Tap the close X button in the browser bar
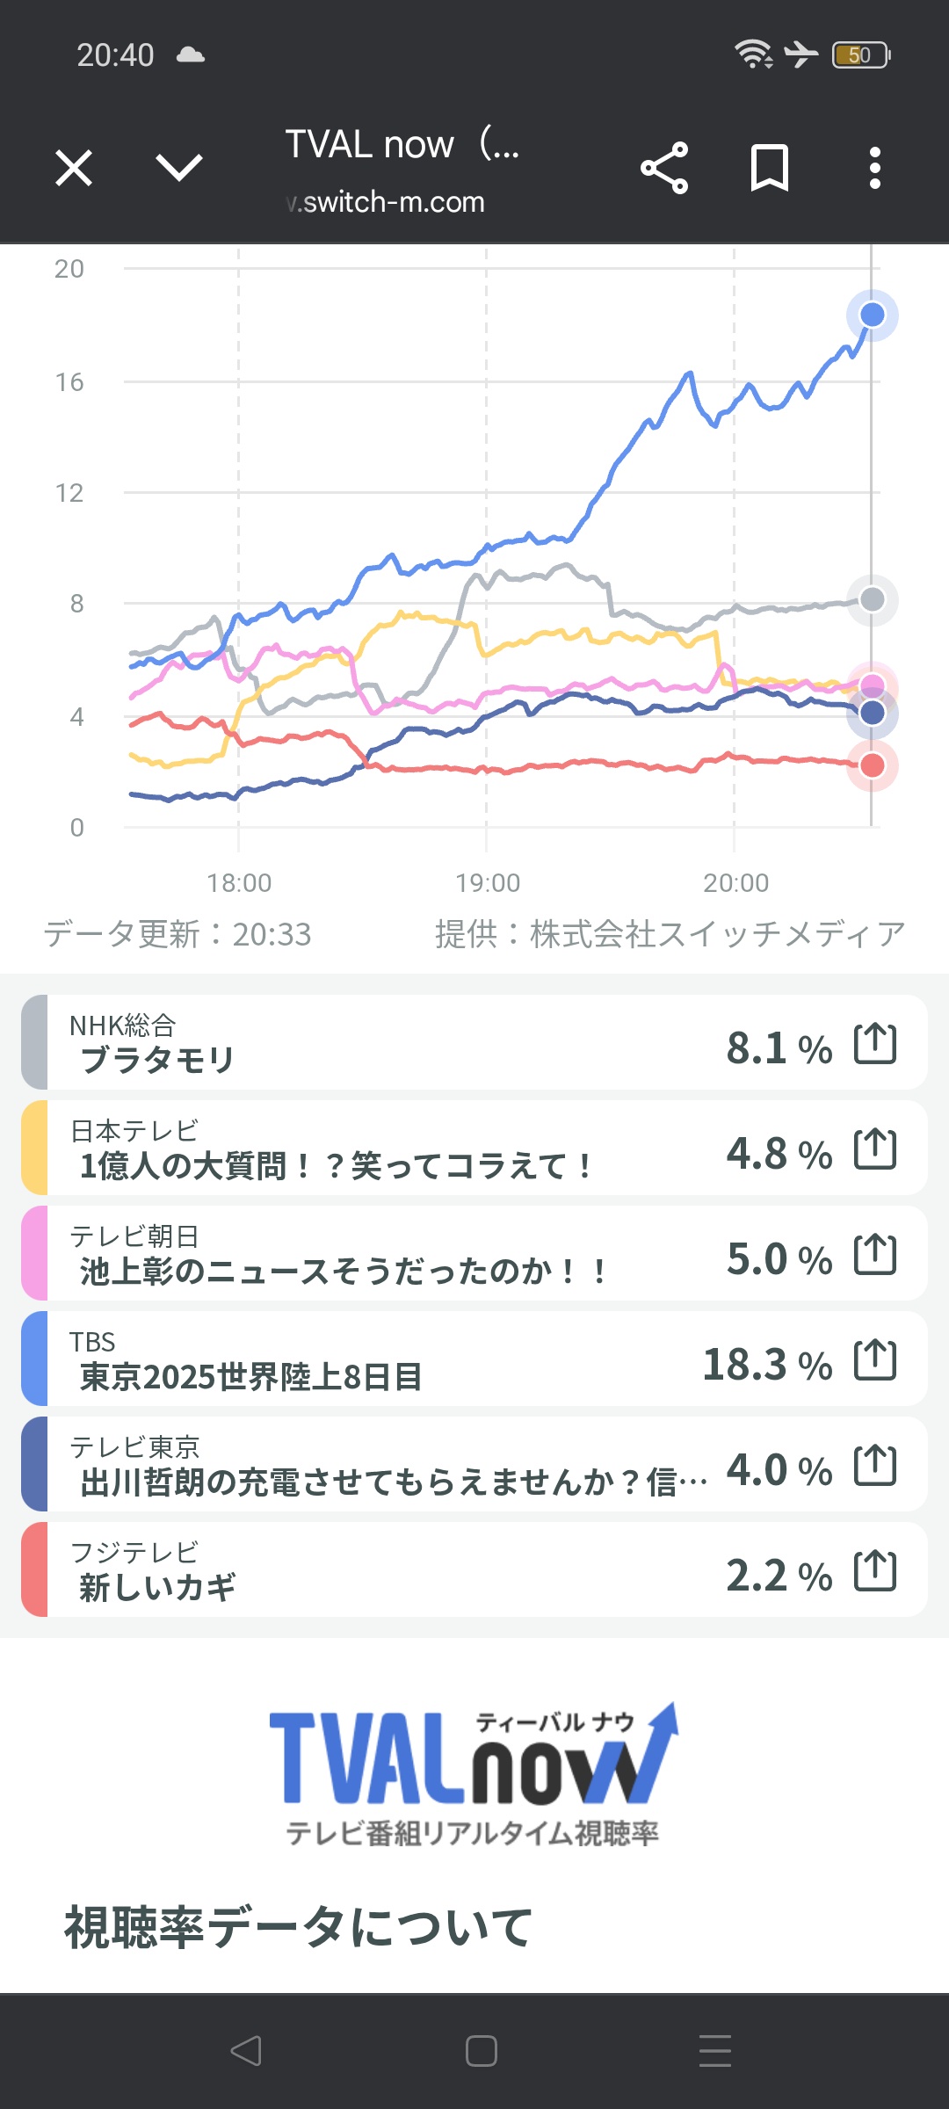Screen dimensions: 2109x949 click(74, 168)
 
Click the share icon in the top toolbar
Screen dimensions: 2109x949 click(664, 168)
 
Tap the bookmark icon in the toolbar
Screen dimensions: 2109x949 click(770, 168)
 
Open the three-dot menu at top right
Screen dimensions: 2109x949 click(874, 168)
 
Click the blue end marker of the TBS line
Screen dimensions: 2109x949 click(872, 315)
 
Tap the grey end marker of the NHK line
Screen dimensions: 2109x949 click(872, 599)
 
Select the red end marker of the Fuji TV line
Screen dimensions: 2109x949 click(872, 765)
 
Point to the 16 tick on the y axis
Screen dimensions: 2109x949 click(69, 382)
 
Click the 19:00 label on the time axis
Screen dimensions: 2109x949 click(488, 882)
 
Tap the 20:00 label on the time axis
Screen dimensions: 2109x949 click(735, 882)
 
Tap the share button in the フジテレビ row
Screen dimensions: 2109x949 click(875, 1570)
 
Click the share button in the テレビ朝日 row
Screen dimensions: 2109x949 click(875, 1254)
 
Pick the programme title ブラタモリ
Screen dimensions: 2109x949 click(157, 1060)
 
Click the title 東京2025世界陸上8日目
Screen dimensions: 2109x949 click(251, 1376)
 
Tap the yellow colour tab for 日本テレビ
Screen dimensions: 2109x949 click(34, 1148)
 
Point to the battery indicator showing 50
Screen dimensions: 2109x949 click(860, 55)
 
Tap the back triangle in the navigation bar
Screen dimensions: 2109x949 click(246, 2051)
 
